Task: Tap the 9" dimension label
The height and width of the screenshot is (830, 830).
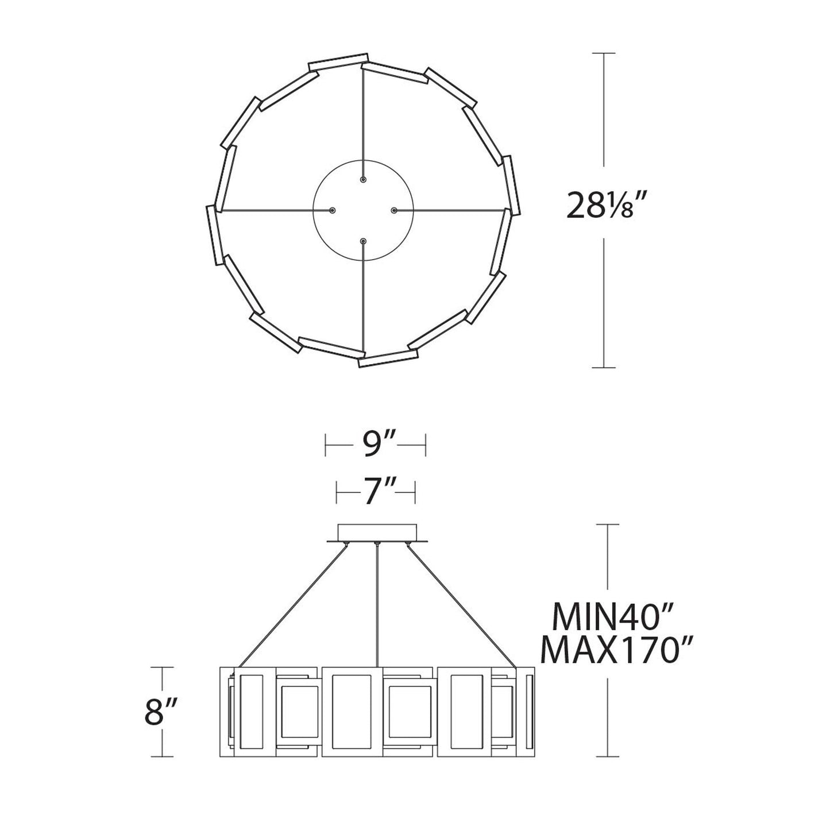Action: [x=375, y=445]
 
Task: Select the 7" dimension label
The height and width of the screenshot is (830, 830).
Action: [x=375, y=492]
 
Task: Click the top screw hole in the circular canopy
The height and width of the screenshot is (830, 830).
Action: [x=363, y=180]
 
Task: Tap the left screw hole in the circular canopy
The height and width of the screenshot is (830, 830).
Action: [x=333, y=211]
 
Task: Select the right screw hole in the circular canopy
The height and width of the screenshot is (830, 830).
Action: [x=394, y=211]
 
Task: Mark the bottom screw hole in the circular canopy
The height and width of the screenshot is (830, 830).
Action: [x=363, y=242]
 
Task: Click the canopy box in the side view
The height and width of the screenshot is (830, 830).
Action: [x=376, y=532]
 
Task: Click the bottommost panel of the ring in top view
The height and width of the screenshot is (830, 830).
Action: [x=387, y=359]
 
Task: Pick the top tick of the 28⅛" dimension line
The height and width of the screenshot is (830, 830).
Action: [x=603, y=53]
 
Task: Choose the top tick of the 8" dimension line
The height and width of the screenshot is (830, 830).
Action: [x=164, y=667]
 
